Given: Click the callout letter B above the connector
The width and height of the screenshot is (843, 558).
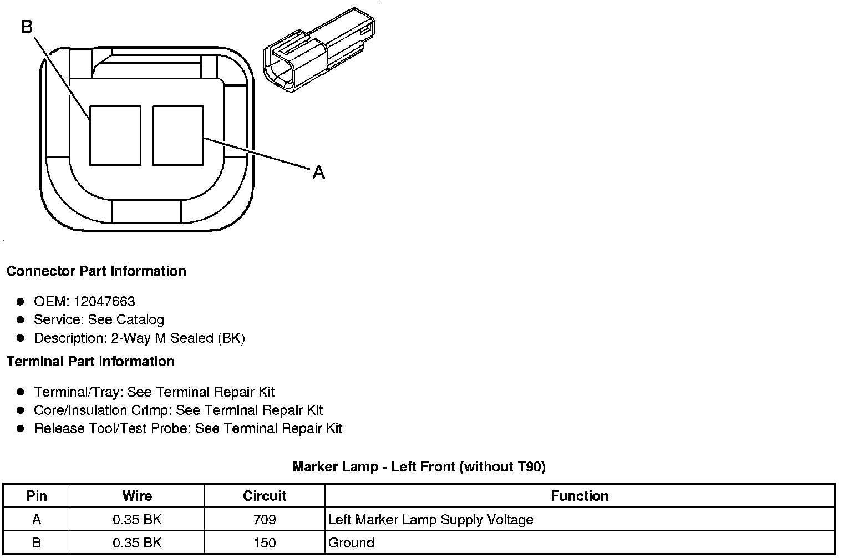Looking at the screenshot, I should [27, 26].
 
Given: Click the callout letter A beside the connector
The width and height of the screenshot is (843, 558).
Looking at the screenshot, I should [318, 173].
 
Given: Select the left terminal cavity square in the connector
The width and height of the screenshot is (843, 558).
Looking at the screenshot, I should [115, 135].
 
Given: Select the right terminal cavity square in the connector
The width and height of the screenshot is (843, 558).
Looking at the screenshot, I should [177, 135].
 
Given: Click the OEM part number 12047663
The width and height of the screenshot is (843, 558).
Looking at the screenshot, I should [104, 301].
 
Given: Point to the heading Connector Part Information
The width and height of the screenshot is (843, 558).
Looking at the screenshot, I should [96, 271].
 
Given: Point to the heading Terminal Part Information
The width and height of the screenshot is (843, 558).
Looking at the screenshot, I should [90, 362].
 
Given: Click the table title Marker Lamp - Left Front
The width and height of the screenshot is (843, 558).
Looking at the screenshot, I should [419, 467].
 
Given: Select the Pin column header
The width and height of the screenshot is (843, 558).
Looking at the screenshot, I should [37, 496].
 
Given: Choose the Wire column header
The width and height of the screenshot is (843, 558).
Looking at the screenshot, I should [137, 496].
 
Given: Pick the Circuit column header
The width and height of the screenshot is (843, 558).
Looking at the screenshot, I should [265, 496].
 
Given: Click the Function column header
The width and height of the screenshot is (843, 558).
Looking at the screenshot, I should [580, 496].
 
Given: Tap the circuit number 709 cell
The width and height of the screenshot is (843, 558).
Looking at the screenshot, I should [265, 520].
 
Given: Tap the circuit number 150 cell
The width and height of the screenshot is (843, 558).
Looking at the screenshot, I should [265, 542].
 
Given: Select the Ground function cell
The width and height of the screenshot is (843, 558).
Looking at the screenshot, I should [351, 542].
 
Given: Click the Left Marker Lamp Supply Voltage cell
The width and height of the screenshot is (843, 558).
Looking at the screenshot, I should [431, 520].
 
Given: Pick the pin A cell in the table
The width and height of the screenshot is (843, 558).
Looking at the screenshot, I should [37, 520].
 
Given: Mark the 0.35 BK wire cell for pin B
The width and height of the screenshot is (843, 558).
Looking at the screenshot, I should [137, 542].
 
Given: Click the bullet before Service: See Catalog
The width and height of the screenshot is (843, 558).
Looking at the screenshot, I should [21, 320].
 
